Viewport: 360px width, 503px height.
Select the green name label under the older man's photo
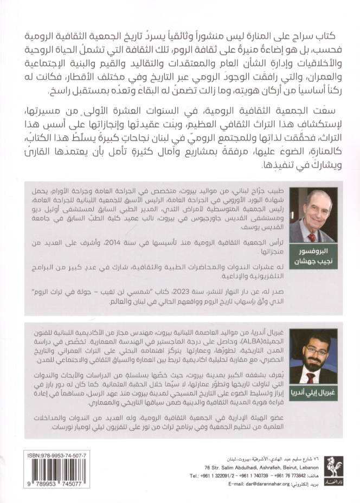pyautogui.click(x=313, y=256)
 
